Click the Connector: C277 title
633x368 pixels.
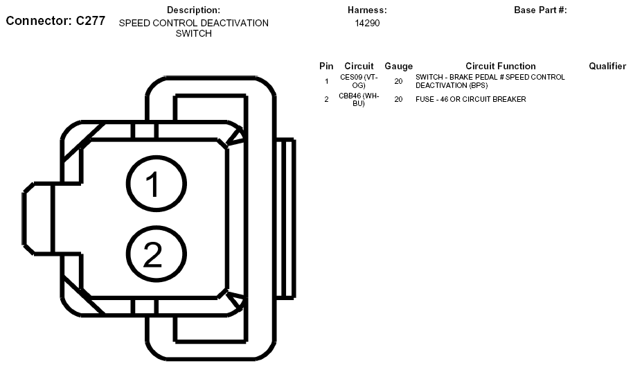(55, 21)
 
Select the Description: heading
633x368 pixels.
(193, 10)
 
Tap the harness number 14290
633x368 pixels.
(367, 24)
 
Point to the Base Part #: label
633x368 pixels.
(540, 10)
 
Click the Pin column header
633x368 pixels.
(326, 67)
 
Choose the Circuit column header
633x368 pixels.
(359, 67)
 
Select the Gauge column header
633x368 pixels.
(398, 67)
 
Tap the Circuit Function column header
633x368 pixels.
(501, 67)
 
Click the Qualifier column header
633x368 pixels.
(607, 67)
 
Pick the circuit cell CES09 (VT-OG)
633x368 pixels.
(359, 81)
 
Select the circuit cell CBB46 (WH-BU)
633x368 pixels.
(359, 100)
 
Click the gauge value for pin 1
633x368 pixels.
(398, 82)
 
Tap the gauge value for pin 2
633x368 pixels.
(398, 99)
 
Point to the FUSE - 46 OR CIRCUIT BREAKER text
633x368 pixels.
(471, 99)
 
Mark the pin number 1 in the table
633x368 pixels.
(327, 82)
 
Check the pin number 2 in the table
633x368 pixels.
(327, 99)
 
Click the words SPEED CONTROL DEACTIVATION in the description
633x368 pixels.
(194, 24)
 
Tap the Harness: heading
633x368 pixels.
(367, 10)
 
